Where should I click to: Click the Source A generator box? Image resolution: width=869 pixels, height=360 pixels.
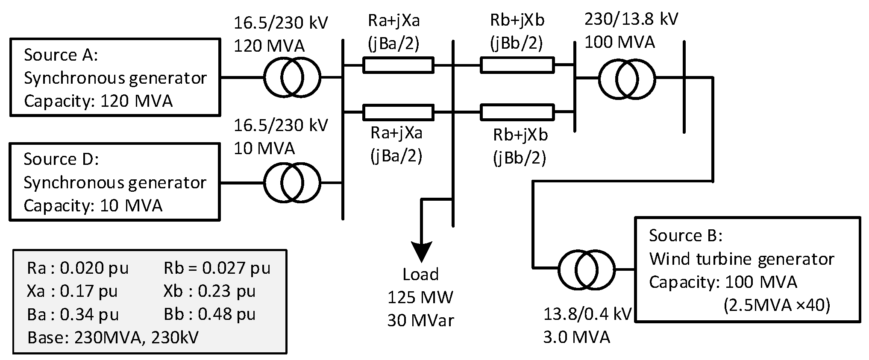(114, 78)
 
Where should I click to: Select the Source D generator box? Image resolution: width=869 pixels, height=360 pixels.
(114, 182)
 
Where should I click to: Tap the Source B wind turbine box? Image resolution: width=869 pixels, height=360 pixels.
(748, 269)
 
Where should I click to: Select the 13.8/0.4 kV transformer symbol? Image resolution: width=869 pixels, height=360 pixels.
(586, 269)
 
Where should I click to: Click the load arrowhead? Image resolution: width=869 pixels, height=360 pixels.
(421, 252)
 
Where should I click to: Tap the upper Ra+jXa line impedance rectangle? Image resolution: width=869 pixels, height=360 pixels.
(398, 65)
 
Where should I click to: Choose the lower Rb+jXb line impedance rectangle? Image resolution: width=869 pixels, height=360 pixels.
(517, 112)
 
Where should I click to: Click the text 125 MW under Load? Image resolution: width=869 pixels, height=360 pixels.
(420, 297)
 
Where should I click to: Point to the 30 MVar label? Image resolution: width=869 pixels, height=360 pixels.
(420, 320)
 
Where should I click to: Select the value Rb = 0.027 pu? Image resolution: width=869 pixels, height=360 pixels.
(217, 268)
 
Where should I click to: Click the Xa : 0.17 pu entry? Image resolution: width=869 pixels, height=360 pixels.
(72, 291)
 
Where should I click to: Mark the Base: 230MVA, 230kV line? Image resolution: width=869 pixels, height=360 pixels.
(113, 338)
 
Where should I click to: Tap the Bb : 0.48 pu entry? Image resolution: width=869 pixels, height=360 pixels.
(209, 314)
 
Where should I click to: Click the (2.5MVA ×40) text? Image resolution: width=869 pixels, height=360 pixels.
(776, 305)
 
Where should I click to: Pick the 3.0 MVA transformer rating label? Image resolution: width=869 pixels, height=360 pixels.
(576, 337)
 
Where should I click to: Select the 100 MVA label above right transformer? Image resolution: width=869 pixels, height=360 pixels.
(619, 42)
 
